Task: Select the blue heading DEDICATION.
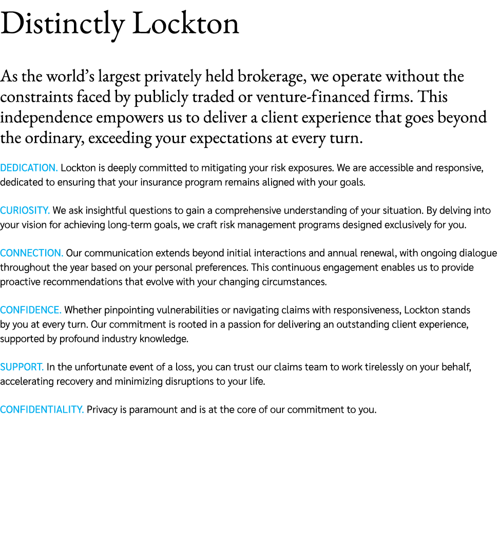coord(29,168)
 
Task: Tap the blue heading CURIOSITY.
coord(25,210)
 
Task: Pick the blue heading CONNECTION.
coord(31,253)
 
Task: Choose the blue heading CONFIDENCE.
coord(31,310)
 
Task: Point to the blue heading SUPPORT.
coord(22,367)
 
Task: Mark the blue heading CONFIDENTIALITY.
coord(42,410)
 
